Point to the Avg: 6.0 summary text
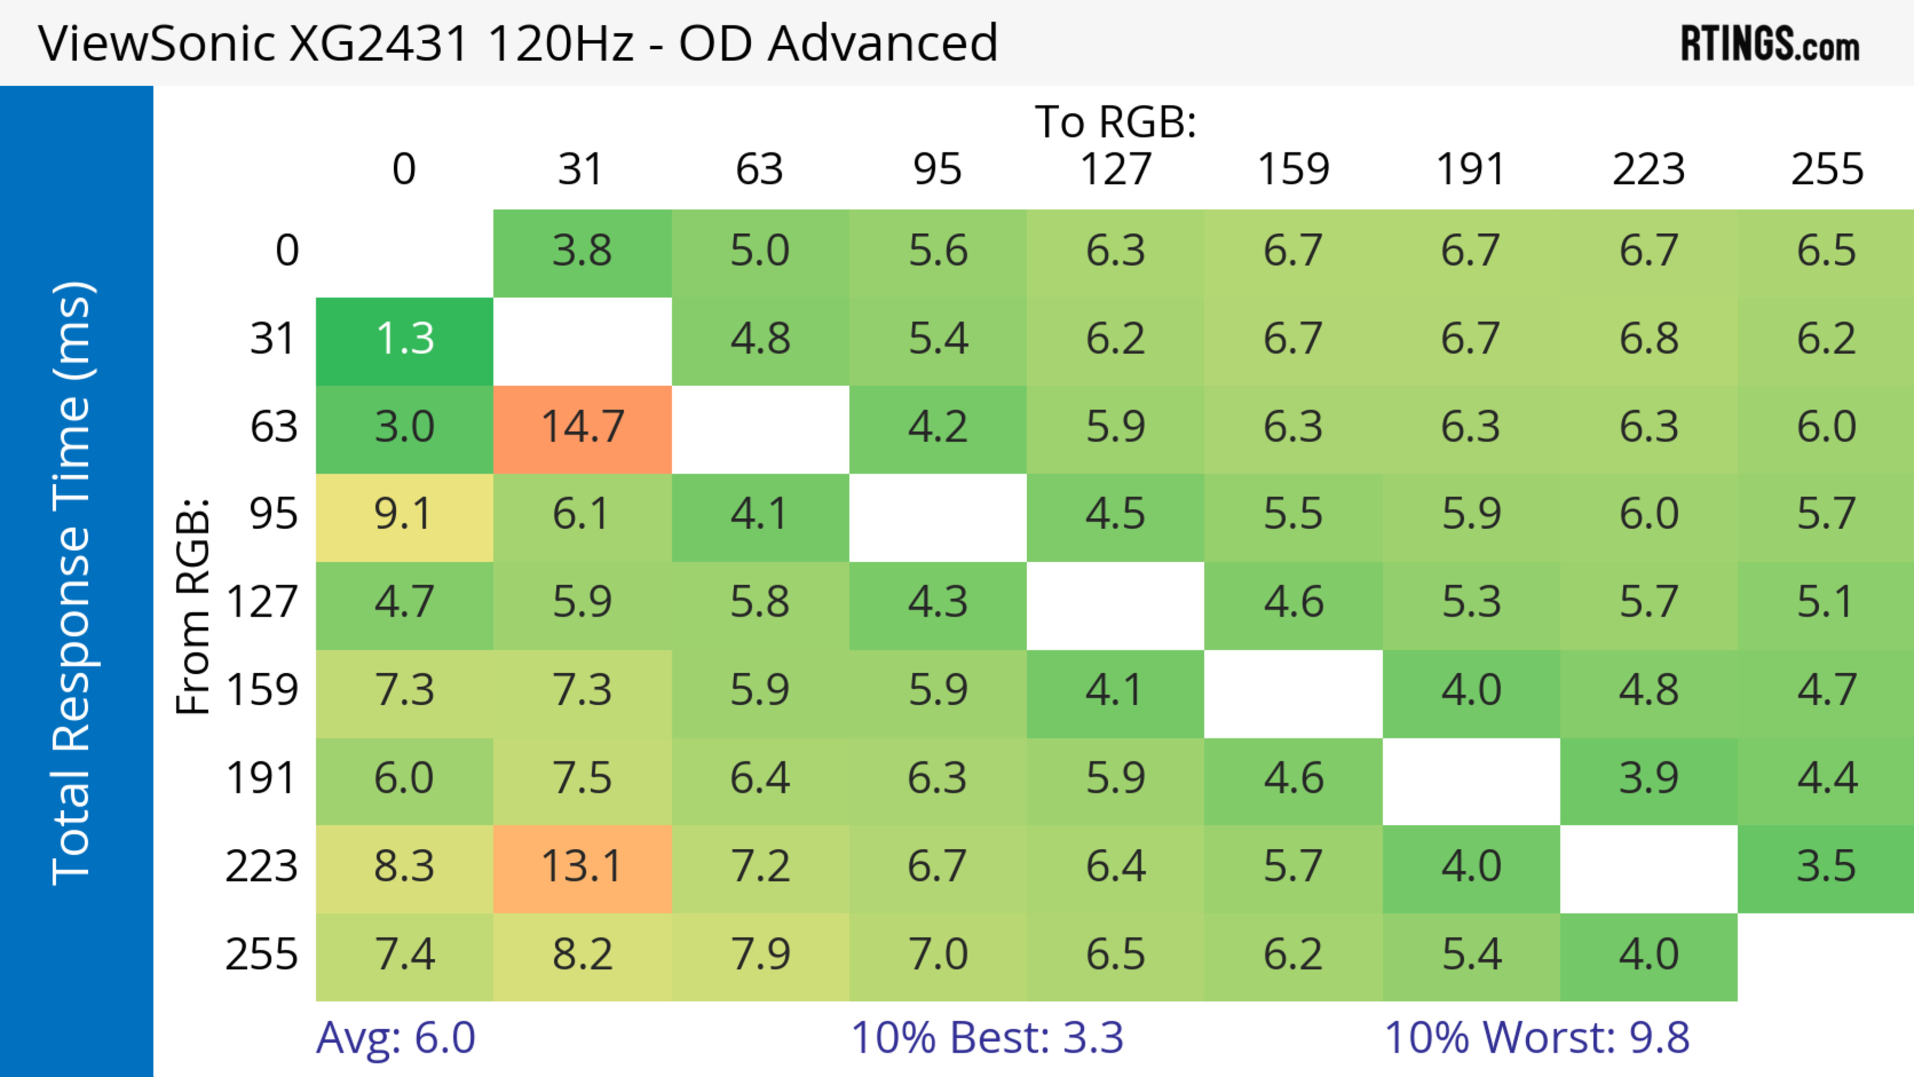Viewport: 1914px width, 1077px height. coord(395,1038)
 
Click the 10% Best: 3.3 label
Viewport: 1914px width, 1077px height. coord(987,1038)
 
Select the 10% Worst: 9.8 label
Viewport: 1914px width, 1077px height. coord(1537,1038)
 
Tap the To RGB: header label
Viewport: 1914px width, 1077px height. coord(1116,121)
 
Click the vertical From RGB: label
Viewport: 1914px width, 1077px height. coord(193,606)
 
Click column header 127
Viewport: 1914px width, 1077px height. coord(1116,169)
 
